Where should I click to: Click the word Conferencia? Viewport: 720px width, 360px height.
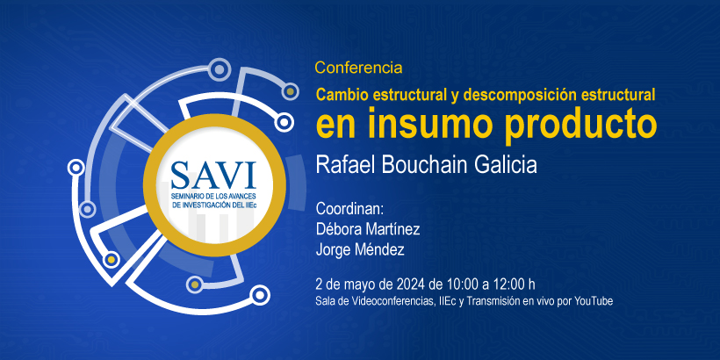[x=358, y=68]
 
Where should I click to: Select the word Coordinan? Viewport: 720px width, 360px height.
[x=349, y=209]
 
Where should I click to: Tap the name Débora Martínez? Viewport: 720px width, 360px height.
[x=367, y=229]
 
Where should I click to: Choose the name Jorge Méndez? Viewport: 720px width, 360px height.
[x=360, y=249]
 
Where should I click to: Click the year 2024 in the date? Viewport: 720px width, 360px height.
[x=408, y=284]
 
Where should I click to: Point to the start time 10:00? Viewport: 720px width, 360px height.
[x=459, y=284]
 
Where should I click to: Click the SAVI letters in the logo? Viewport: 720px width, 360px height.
[x=213, y=176]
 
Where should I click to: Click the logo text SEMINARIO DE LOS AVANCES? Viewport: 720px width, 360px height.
[x=213, y=197]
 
